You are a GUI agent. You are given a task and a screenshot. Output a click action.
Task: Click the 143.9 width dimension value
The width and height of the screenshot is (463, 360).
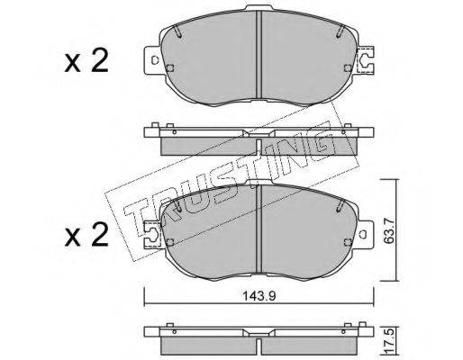[x=259, y=296]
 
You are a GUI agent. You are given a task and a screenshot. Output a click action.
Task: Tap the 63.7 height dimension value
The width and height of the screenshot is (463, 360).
[x=390, y=229]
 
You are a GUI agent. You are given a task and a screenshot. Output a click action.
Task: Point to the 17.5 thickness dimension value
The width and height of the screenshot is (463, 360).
[x=390, y=342]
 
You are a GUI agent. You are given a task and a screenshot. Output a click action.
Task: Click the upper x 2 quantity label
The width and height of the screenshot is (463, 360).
[x=86, y=61]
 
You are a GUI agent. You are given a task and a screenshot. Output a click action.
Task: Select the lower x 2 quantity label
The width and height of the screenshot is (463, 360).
[x=86, y=235]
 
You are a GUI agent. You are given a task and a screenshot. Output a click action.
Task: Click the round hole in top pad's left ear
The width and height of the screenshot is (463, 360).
[x=155, y=60]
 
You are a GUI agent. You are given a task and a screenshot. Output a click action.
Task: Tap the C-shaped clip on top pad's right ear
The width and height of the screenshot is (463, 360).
[x=365, y=60]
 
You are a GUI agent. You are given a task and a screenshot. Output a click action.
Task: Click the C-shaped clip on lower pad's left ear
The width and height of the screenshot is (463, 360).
[x=153, y=234]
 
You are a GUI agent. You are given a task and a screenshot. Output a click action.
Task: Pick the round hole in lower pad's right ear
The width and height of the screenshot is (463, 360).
[x=363, y=234]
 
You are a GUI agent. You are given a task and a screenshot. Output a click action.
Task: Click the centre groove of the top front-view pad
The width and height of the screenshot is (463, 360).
[x=259, y=55]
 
